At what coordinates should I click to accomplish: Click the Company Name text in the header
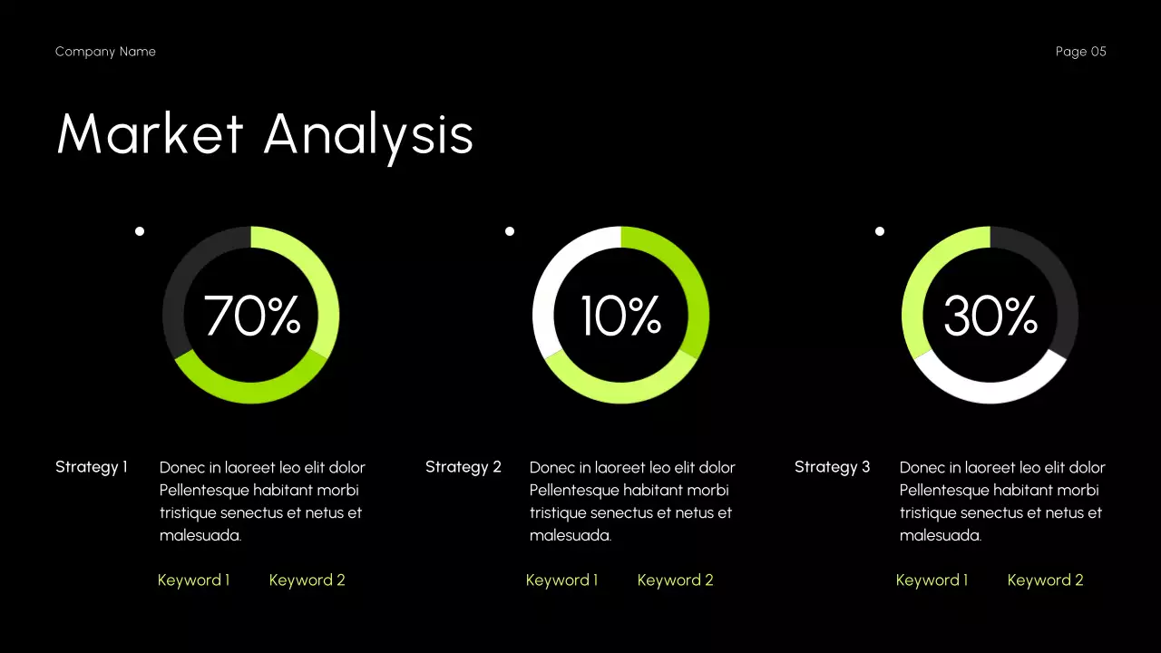point(105,52)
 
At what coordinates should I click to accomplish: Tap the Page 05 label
point(1080,52)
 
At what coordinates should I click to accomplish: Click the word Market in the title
point(151,134)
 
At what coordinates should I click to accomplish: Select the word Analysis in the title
point(368,134)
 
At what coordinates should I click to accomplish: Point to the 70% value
point(251,316)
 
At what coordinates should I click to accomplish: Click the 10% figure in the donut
point(621,316)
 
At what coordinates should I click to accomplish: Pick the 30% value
point(990,316)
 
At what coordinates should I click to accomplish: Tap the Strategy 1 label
point(92,467)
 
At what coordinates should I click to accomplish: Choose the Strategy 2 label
point(463,467)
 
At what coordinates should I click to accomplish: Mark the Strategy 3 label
point(832,467)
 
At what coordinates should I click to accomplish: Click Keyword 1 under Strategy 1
point(193,580)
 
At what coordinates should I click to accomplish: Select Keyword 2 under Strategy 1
point(307,580)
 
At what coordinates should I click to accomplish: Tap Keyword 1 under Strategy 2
point(561,580)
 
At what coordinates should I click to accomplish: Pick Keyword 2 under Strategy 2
point(675,580)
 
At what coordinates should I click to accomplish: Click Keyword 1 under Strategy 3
point(932,580)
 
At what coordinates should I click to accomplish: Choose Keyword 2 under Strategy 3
point(1045,580)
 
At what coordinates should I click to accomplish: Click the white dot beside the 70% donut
point(140,231)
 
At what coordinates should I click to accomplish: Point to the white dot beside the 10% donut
point(510,231)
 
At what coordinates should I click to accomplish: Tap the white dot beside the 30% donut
point(880,231)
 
